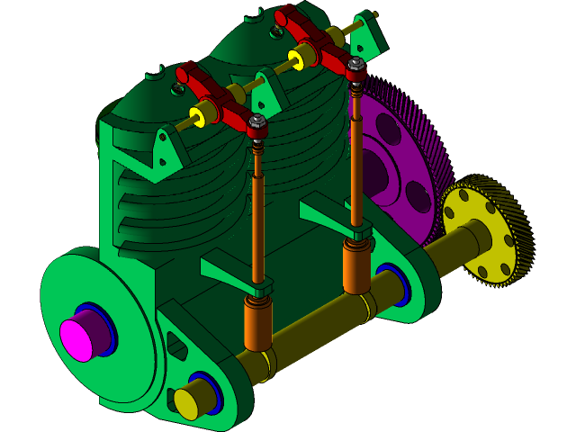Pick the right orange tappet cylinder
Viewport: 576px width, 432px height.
357,268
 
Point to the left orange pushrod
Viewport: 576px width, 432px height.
258,225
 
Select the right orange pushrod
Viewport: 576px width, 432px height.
356,162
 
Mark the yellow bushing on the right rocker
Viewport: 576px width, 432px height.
298,59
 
